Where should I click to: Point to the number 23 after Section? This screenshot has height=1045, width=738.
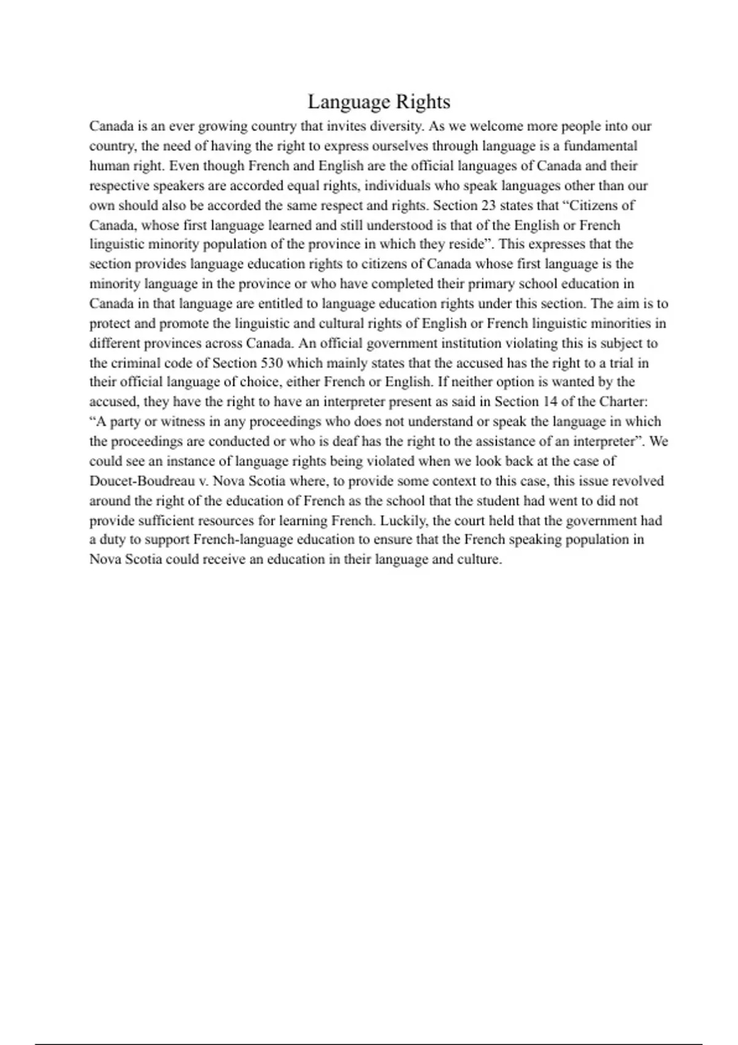pos(488,205)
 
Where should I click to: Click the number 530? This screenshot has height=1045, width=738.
pos(272,363)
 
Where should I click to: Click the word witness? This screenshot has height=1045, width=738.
pos(183,422)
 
